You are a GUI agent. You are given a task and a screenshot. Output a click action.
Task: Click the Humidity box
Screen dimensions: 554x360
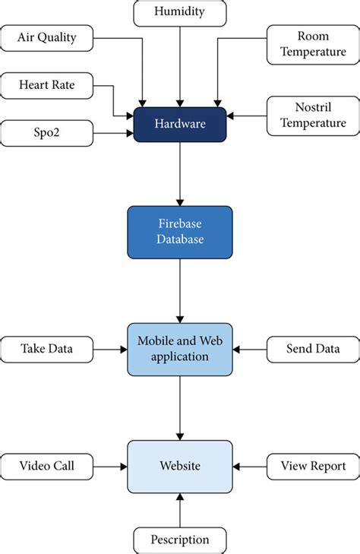tap(179, 12)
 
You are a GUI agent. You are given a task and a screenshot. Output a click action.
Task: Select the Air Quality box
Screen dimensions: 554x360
tap(46, 37)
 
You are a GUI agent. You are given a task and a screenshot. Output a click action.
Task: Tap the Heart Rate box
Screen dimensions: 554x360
tap(46, 85)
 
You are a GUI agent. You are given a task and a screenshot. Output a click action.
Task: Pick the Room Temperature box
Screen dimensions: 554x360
tap(313, 44)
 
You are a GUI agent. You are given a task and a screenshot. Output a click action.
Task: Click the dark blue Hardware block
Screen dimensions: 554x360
tap(179, 124)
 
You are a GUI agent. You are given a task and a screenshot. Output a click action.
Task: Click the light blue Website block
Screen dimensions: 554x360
tap(179, 465)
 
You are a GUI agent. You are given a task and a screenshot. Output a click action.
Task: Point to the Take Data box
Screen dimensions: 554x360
tap(46, 349)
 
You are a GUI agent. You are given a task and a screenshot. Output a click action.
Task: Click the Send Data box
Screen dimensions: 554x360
tap(313, 349)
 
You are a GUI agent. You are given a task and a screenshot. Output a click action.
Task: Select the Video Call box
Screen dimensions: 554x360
tap(46, 466)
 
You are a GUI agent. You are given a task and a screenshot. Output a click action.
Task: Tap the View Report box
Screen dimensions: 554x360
tap(313, 466)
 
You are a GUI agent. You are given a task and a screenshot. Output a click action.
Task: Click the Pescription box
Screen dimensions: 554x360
tap(179, 540)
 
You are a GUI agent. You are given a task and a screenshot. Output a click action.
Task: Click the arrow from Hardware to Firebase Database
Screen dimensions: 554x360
tap(179, 173)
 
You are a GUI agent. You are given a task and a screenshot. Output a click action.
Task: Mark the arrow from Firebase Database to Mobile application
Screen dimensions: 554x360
tap(179, 289)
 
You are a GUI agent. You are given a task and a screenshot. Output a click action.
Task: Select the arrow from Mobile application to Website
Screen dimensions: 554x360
tap(179, 407)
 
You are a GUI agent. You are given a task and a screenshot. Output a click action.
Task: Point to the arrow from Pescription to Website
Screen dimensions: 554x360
tap(179, 509)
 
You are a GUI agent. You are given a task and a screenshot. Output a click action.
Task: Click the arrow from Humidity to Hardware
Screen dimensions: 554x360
tap(179, 65)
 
